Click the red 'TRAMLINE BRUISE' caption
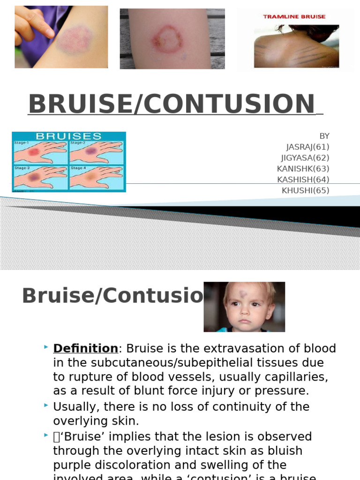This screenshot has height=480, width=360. [x=294, y=16]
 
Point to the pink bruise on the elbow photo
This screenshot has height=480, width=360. [x=75, y=39]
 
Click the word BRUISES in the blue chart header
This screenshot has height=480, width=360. [x=69, y=136]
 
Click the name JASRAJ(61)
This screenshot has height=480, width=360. [x=307, y=147]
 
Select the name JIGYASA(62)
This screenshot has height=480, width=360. [x=305, y=158]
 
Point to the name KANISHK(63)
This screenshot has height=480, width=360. [x=303, y=169]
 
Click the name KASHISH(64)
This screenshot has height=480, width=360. [x=303, y=180]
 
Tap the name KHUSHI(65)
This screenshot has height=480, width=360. [x=305, y=190]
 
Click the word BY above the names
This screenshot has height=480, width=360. [x=324, y=136]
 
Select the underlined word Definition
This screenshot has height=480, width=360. [x=85, y=349]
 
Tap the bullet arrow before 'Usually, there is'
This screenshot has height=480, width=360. [x=46, y=405]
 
